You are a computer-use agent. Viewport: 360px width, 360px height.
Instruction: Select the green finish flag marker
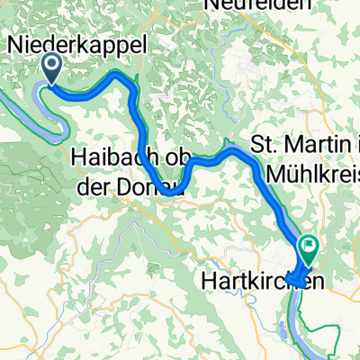[x=310, y=243]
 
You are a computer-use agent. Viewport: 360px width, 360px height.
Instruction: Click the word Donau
[x=154, y=188]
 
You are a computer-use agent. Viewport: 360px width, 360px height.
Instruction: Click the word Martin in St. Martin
[x=307, y=143]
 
